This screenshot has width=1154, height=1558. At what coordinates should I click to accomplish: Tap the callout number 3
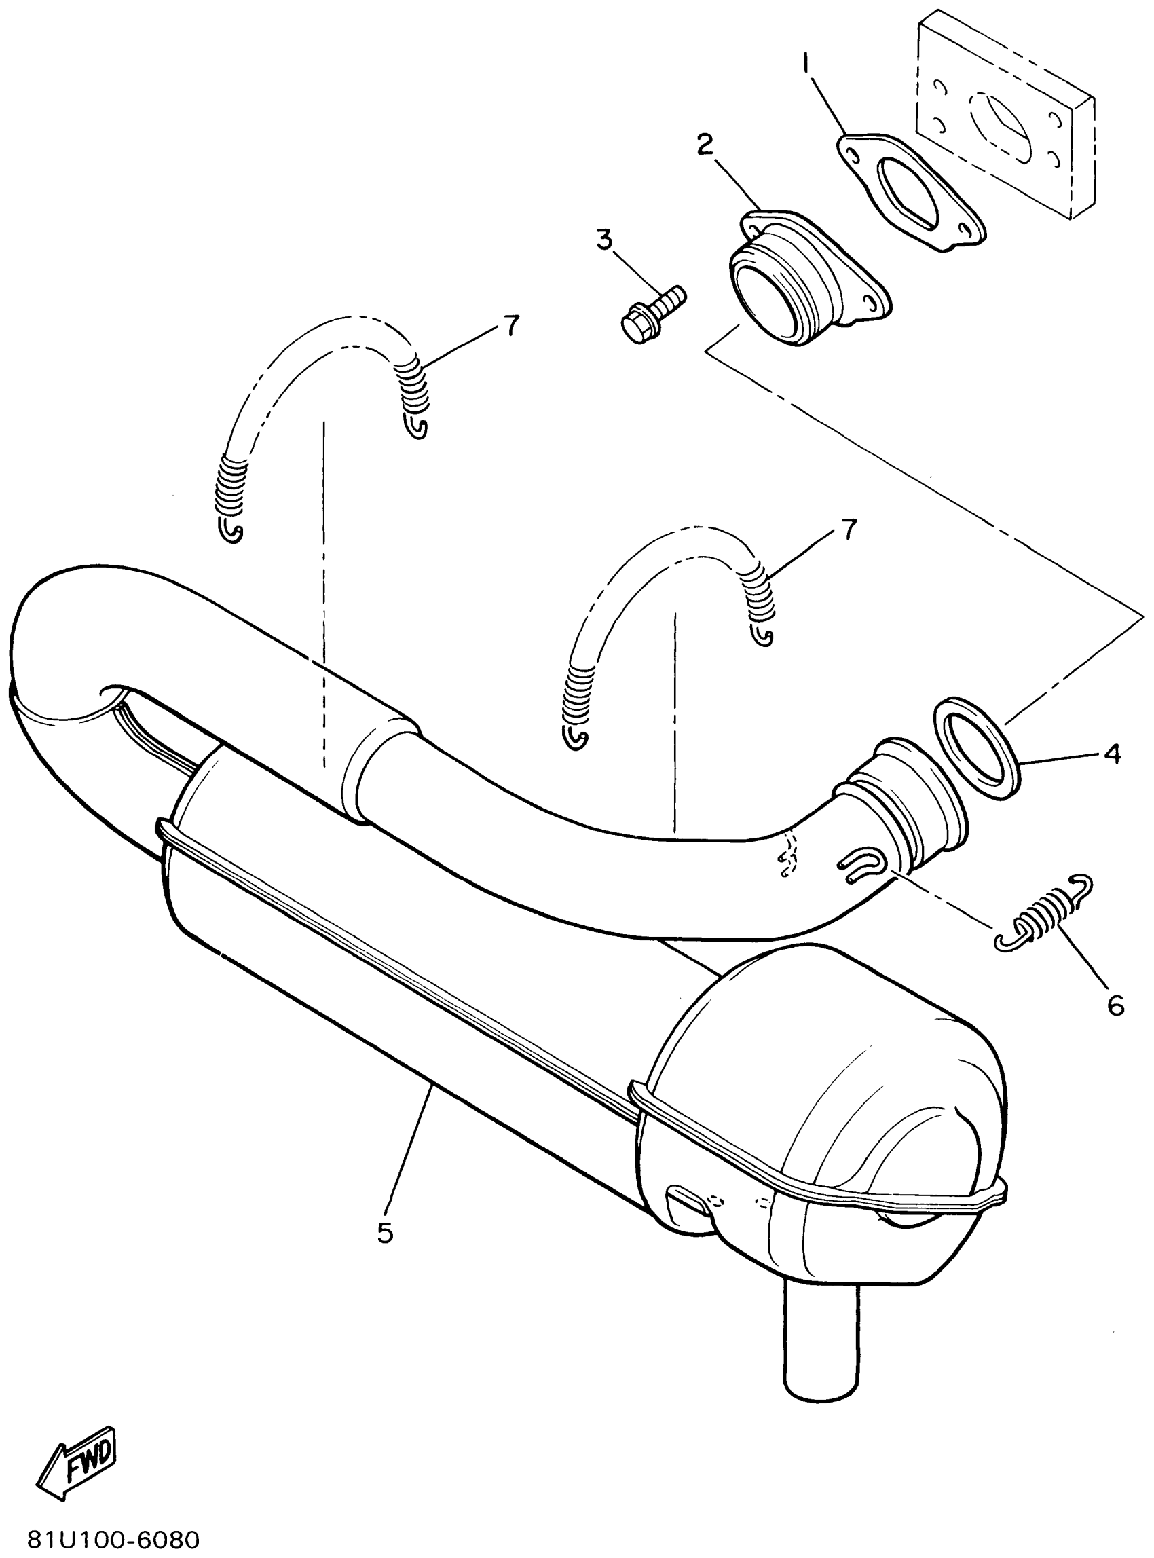[603, 240]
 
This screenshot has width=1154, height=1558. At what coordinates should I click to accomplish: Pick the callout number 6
[1115, 1005]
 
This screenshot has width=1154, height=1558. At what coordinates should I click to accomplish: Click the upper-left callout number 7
[511, 326]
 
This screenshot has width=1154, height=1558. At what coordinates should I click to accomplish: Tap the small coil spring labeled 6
[1042, 914]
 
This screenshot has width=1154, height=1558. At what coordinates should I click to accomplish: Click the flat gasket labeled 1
[910, 193]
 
